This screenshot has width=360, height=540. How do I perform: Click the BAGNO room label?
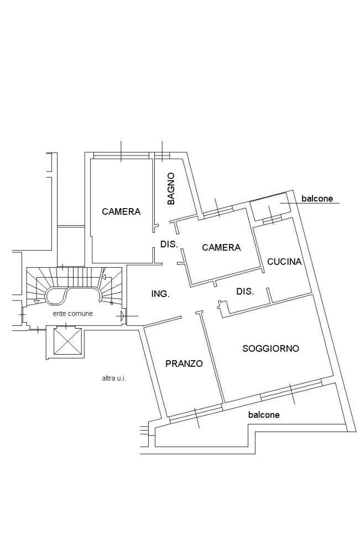click(171, 189)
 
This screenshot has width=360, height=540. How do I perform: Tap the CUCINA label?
click(284, 262)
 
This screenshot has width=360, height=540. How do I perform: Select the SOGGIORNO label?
click(271, 348)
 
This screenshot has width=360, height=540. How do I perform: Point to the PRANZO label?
click(184, 364)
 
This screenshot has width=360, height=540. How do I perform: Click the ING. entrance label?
click(160, 294)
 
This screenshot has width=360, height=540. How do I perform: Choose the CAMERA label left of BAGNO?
click(121, 211)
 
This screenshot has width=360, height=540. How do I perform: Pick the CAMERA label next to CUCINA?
click(221, 247)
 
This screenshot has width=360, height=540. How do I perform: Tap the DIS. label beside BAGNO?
click(169, 244)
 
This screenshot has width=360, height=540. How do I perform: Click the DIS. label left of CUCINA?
click(245, 292)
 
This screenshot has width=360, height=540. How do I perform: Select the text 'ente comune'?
click(72, 314)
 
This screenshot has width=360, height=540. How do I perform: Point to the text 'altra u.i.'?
click(114, 378)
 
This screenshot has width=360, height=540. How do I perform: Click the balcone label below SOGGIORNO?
click(264, 415)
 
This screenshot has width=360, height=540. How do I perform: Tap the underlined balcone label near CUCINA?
click(317, 199)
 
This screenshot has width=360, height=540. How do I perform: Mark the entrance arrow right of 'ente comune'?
click(123, 315)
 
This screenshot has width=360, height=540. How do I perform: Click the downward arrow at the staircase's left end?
click(36, 301)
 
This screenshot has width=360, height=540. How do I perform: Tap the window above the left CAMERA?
click(121, 157)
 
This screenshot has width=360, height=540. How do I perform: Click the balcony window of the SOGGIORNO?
click(291, 390)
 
